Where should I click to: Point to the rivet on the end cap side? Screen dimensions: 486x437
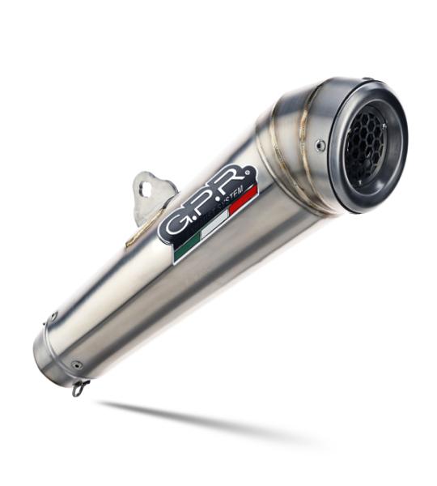[x=320, y=146]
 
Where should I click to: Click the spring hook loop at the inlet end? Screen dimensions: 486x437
[x=79, y=389]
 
